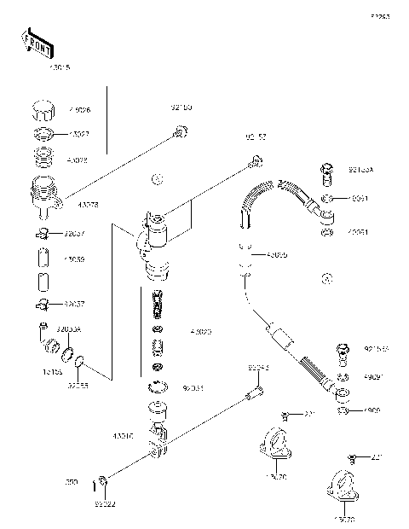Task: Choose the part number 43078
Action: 87,206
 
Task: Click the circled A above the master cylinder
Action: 155,179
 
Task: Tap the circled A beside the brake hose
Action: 327,278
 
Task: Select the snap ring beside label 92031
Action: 156,387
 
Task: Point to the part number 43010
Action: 122,436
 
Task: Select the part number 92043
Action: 259,369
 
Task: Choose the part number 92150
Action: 181,108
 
